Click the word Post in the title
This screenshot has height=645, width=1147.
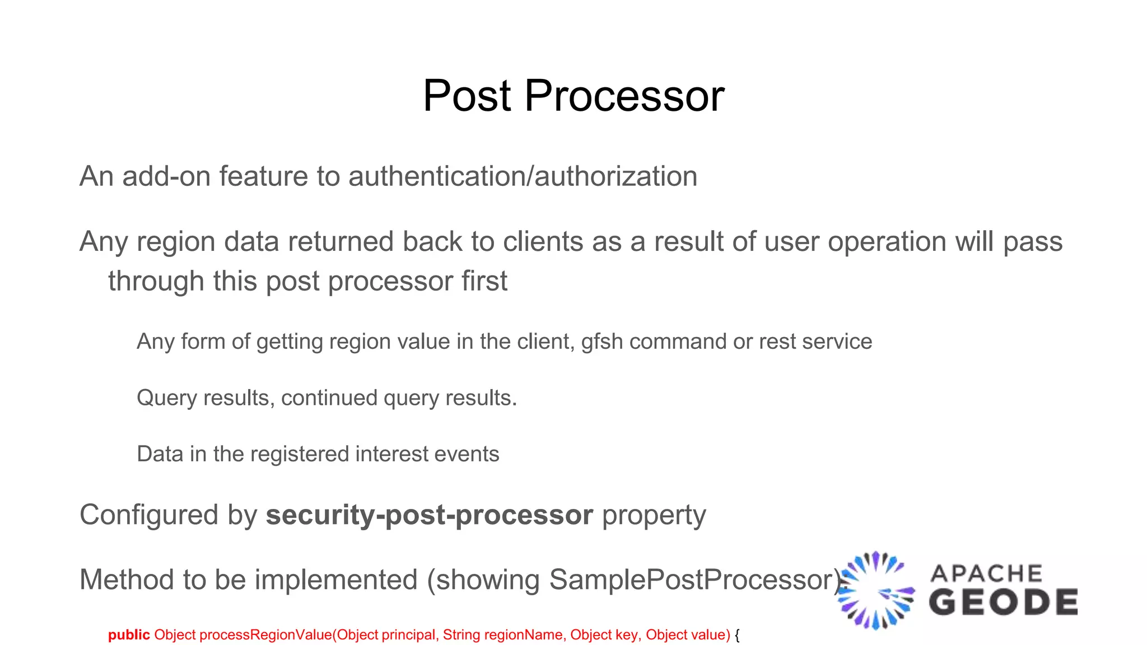click(x=467, y=96)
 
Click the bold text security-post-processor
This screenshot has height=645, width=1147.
click(x=429, y=515)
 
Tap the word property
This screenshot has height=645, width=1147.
click(x=654, y=516)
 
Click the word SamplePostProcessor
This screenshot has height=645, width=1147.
click(x=691, y=580)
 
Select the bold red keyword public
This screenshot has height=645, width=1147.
click(x=129, y=635)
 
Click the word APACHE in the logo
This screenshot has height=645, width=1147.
click(x=986, y=574)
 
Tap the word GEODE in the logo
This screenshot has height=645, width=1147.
click(x=1003, y=602)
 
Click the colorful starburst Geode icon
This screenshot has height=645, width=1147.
click(x=876, y=591)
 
